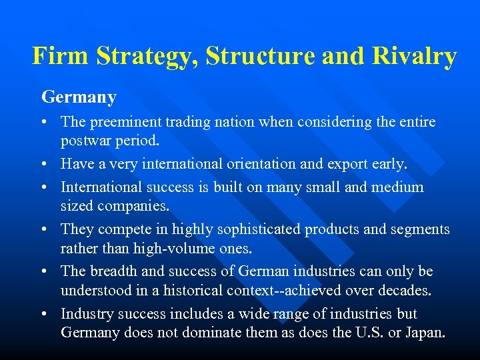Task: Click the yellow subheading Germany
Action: pos(79,97)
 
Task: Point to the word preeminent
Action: pos(127,122)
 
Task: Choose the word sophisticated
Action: pos(254,229)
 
